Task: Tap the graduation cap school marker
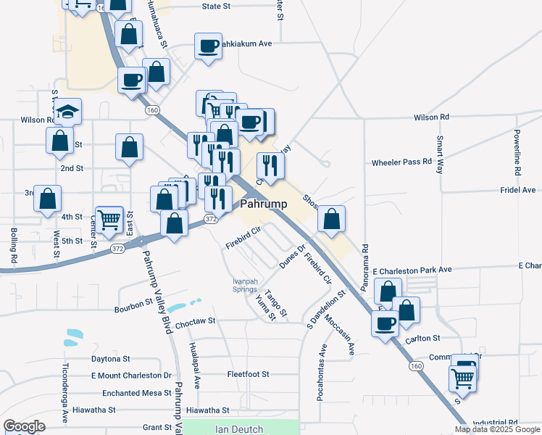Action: point(67,112)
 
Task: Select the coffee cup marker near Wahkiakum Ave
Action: point(209,47)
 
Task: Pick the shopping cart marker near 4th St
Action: point(109,218)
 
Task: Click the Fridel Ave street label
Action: point(517,189)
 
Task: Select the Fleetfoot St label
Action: point(248,374)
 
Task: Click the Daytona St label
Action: point(110,358)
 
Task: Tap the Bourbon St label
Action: point(133,309)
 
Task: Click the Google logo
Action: point(24,426)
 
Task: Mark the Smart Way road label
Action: point(440,154)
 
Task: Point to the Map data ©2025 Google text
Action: point(496,429)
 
